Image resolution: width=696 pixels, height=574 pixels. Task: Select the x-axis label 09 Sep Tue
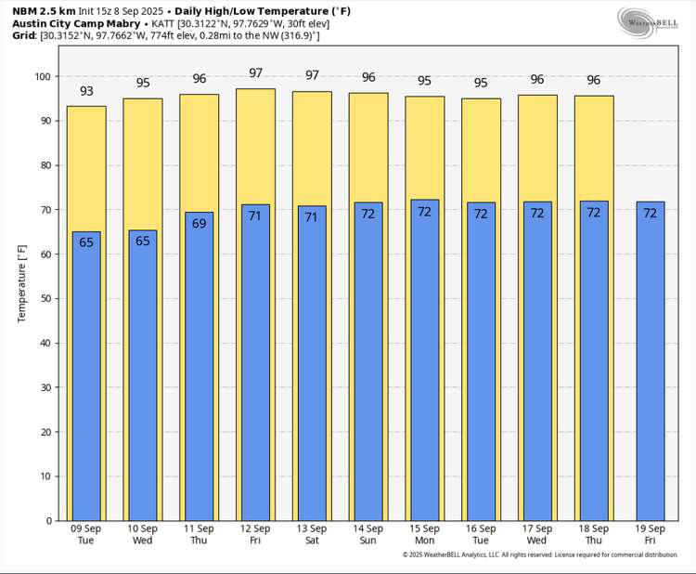click(x=86, y=534)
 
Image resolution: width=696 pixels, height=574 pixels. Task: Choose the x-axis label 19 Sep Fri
click(x=650, y=534)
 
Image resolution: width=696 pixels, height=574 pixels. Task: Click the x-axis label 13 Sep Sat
click(x=312, y=534)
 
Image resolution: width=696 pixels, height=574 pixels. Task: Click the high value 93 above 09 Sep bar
click(x=86, y=91)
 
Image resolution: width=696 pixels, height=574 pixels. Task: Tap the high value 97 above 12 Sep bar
click(x=255, y=73)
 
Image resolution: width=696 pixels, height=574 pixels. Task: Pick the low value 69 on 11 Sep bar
click(x=199, y=223)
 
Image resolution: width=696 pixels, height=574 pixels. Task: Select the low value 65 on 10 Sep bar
click(x=143, y=241)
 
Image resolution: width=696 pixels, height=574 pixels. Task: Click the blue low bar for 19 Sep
click(x=650, y=372)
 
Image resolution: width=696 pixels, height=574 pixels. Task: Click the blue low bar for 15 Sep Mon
click(x=424, y=372)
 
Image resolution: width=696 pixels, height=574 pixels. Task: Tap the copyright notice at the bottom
click(x=540, y=554)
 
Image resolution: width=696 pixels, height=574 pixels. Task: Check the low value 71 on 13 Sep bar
click(x=312, y=217)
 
